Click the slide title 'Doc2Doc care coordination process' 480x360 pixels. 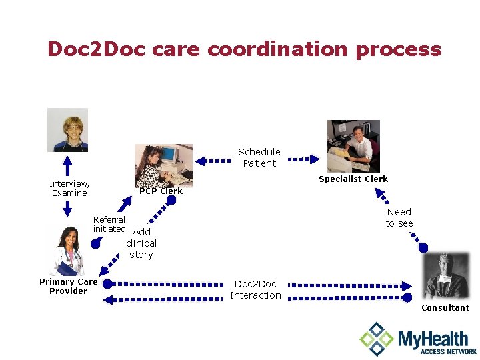(244, 49)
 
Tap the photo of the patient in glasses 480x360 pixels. (67, 130)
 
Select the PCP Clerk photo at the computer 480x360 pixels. (163, 165)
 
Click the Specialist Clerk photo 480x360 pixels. (353, 146)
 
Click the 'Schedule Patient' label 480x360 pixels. (259, 157)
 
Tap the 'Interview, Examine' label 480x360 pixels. (69, 188)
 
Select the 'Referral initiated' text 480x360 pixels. (109, 224)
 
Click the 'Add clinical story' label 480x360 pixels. (141, 243)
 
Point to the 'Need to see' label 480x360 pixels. (399, 217)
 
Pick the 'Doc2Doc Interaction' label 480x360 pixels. (255, 289)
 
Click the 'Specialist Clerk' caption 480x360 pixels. (353, 179)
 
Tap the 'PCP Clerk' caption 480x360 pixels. (161, 191)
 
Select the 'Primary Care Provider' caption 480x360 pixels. (68, 286)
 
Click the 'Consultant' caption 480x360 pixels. (445, 307)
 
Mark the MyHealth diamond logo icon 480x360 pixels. (377, 339)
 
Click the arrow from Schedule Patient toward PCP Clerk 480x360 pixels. (213, 160)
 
